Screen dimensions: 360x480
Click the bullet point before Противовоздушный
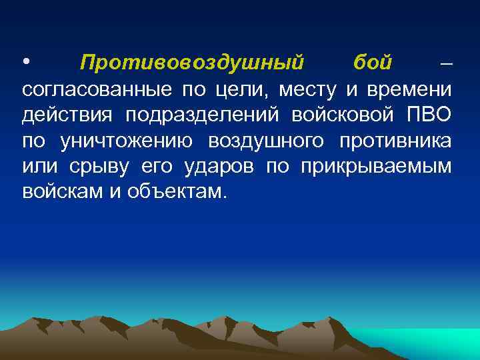coord(25,63)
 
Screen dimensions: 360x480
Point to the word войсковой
coord(340,115)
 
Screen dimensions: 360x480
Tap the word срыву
coord(97,167)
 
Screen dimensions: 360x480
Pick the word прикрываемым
coord(377,167)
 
